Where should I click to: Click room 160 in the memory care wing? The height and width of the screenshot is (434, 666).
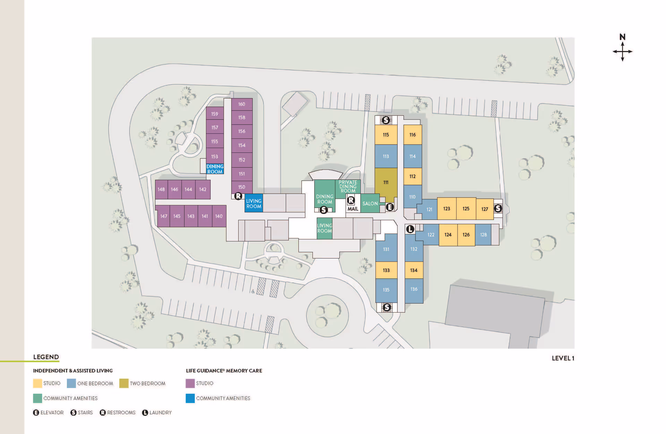(242, 104)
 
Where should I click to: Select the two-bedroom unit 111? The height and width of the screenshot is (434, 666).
(386, 182)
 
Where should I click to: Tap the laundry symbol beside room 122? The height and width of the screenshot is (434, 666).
(410, 229)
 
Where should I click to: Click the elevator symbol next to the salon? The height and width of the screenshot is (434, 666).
(390, 207)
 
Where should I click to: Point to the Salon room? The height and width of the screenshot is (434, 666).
(370, 203)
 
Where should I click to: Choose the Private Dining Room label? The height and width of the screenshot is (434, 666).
(348, 186)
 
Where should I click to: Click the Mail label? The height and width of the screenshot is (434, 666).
(353, 209)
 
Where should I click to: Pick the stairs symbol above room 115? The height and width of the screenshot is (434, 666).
(386, 120)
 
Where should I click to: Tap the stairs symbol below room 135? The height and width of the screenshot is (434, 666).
(387, 307)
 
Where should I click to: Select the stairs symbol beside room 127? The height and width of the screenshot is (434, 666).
(498, 208)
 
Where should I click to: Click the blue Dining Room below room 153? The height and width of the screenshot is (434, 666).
(215, 169)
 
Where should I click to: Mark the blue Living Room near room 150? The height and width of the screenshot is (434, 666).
(254, 203)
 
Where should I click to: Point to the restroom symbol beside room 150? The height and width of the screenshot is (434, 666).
(238, 196)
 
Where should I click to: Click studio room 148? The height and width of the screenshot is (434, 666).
(161, 190)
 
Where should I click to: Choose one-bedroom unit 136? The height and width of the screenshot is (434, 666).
(414, 289)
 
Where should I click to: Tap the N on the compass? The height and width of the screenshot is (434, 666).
(622, 37)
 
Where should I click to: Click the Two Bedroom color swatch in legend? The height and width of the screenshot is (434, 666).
(124, 383)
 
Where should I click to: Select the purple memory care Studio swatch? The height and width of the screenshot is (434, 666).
(190, 383)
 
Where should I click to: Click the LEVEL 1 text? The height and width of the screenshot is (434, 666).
(563, 358)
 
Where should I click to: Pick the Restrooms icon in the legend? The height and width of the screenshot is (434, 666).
(103, 413)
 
